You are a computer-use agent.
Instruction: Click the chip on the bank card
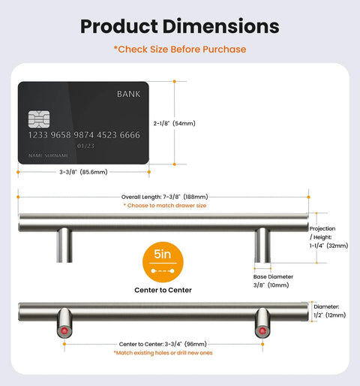point(39,119)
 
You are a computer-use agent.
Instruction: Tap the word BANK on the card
point(129,94)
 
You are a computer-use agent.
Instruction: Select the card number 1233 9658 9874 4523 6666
point(84,135)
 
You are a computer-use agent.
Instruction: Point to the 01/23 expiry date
point(85,146)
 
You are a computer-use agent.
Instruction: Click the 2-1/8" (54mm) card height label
point(175,123)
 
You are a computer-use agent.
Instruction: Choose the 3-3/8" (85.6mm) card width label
point(83,172)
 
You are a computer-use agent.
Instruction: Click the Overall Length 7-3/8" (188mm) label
point(164,197)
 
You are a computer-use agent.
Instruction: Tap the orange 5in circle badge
point(163,262)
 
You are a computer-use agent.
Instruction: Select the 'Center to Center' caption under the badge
point(163,290)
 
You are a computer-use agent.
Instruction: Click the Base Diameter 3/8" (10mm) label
point(273,281)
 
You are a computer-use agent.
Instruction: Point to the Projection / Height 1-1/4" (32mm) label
point(328,237)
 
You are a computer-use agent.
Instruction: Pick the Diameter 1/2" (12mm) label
point(330,311)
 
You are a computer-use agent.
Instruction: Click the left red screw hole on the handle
point(64,331)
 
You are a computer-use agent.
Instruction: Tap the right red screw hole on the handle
point(262,331)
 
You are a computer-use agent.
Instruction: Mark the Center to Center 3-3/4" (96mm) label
point(163,344)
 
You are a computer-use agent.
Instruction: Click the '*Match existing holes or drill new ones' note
point(163,353)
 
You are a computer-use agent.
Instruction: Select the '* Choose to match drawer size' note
point(165,206)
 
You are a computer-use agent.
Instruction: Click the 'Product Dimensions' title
point(180,26)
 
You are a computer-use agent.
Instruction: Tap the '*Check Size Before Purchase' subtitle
point(180,50)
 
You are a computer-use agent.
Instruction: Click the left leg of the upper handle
point(64,246)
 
